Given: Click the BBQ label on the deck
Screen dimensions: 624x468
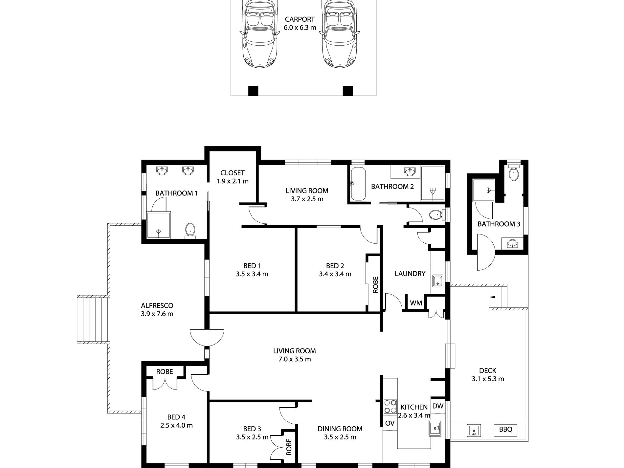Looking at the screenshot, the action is (505, 429).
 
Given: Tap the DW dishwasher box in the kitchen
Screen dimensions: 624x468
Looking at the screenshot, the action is (438, 406).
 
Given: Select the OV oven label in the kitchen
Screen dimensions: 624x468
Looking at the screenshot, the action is (390, 423).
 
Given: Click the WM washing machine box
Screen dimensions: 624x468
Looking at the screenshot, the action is (416, 302).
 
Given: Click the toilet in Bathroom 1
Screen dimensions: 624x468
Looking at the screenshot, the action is (190, 230).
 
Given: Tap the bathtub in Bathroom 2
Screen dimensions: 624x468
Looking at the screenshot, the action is (358, 184).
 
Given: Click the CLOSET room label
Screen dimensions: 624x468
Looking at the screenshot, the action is (233, 173).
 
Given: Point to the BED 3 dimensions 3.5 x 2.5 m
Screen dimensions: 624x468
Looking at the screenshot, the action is (252, 437).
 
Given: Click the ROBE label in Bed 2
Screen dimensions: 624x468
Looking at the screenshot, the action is (376, 284).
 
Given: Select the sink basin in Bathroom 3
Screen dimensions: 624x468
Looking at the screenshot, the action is (512, 243).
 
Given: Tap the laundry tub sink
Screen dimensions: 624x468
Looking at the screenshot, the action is (437, 281).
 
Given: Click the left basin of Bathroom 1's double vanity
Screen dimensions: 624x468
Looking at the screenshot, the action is (161, 170).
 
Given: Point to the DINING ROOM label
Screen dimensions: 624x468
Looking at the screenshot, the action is (340, 429).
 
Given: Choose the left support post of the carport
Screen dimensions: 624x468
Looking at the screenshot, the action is (253, 90).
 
